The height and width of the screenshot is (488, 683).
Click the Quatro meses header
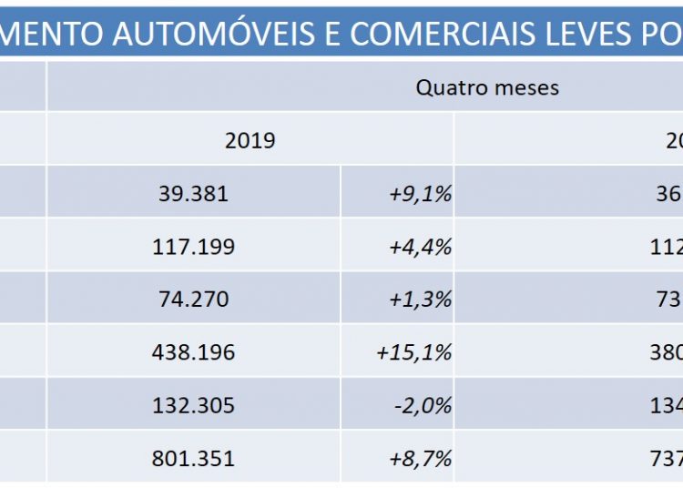click(x=487, y=87)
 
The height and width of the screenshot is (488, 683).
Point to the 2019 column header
click(x=250, y=140)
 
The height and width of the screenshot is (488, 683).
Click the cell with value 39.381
click(x=192, y=194)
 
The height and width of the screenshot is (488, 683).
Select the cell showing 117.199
click(x=192, y=247)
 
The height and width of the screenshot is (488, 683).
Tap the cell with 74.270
click(x=192, y=300)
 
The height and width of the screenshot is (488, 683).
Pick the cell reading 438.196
click(x=192, y=352)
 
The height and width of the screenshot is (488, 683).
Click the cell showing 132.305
click(x=192, y=405)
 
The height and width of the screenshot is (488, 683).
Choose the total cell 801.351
click(x=192, y=458)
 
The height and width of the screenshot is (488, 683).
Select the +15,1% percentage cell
click(x=414, y=352)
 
